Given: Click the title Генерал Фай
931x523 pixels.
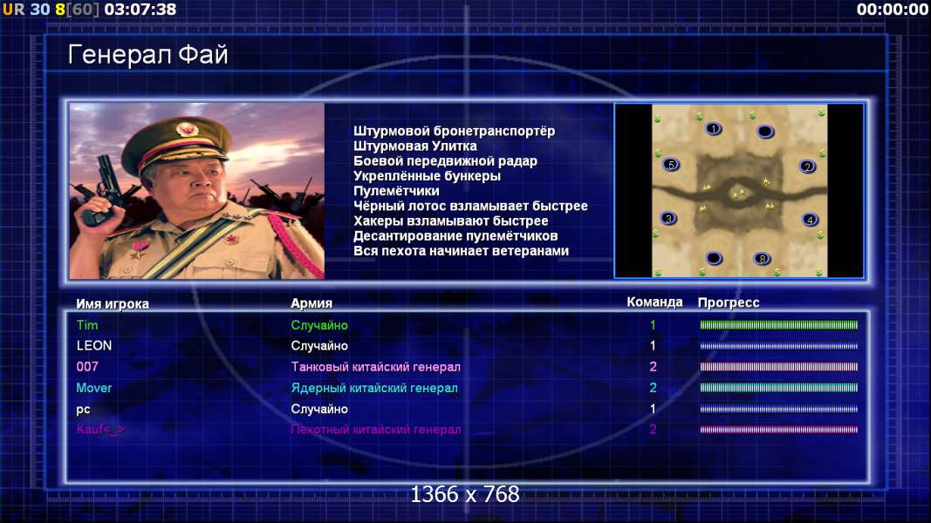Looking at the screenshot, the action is click(x=147, y=55).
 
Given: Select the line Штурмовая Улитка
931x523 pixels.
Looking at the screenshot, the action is click(x=415, y=146).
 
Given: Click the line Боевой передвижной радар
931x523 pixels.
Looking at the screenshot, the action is click(x=445, y=161).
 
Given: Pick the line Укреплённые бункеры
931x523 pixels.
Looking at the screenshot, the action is click(x=427, y=176).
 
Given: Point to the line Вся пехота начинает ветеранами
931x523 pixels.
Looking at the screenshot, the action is click(x=462, y=251).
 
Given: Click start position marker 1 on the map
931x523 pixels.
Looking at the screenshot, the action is click(x=714, y=128).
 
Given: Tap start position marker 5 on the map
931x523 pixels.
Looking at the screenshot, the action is click(x=671, y=165).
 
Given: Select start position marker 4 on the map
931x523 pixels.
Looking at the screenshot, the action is click(x=810, y=220).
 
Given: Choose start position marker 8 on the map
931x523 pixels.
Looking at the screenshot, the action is click(x=763, y=259).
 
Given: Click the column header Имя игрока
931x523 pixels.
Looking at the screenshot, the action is click(x=113, y=303).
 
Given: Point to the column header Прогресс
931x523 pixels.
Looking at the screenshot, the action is click(x=729, y=302).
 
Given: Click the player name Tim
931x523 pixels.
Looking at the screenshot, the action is click(x=87, y=325).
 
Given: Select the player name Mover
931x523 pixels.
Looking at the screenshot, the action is click(x=94, y=388).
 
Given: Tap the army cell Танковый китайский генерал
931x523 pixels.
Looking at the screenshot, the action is click(x=376, y=367).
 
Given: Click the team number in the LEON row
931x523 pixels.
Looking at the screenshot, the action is click(x=653, y=346).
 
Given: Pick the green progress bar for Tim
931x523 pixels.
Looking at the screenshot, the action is click(x=779, y=325).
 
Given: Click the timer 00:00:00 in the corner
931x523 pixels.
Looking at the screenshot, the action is click(x=892, y=10).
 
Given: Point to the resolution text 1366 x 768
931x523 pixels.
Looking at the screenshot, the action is click(x=465, y=494).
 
